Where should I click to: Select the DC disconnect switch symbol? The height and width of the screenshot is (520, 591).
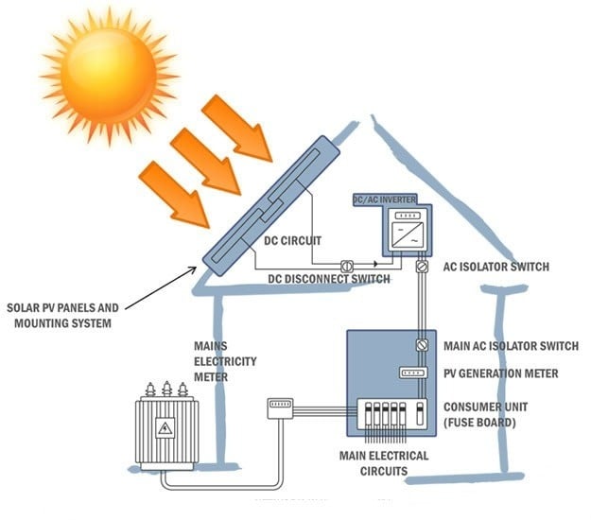pyautogui.click(x=347, y=266)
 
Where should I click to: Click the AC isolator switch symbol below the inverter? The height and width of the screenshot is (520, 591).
pyautogui.click(x=419, y=268)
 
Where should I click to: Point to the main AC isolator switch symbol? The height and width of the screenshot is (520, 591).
pyautogui.click(x=419, y=346)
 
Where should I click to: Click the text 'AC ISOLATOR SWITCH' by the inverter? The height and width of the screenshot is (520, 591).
pyautogui.click(x=495, y=268)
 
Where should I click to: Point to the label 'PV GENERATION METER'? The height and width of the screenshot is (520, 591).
pyautogui.click(x=501, y=373)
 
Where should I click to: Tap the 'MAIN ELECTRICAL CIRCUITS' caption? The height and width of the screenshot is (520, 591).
pyautogui.click(x=384, y=463)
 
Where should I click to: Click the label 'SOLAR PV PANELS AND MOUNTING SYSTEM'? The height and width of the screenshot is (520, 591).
pyautogui.click(x=62, y=316)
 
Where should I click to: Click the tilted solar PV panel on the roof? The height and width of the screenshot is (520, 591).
pyautogui.click(x=269, y=203)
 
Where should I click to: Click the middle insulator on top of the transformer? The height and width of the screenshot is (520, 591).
pyautogui.click(x=167, y=390)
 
